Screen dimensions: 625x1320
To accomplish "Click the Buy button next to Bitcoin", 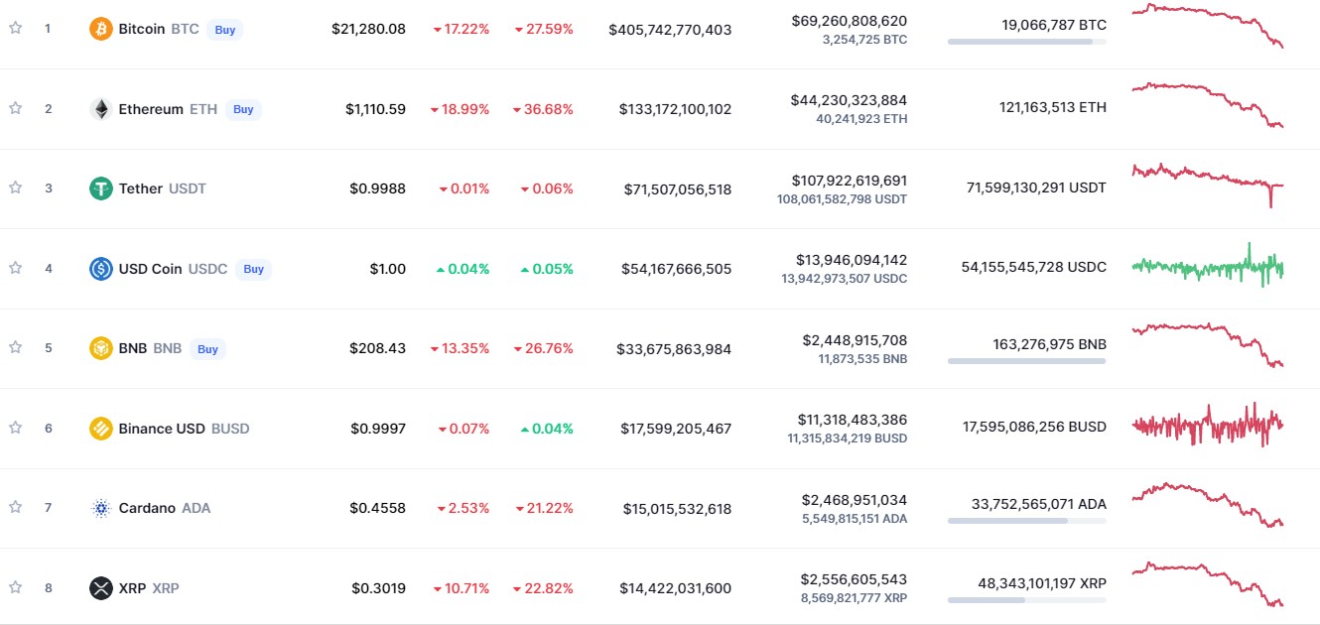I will (x=225, y=30).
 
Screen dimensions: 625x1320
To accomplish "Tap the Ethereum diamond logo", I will (x=100, y=109).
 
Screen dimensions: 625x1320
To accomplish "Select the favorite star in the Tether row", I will (x=15, y=187).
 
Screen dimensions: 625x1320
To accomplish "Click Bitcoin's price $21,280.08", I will (x=368, y=29).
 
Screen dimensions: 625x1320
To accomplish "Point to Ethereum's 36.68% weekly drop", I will (x=544, y=109).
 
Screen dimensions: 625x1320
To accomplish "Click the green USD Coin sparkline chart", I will (x=1208, y=267).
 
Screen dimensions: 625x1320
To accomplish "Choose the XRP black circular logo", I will (x=100, y=588).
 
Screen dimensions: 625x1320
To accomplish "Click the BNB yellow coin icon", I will (x=100, y=348).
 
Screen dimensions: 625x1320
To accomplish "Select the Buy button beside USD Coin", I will (x=254, y=269).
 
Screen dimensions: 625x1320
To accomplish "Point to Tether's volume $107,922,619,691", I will (x=849, y=181).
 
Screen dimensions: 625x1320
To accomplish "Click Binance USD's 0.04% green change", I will (x=547, y=429).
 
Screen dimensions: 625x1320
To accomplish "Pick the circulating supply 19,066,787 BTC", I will (x=1054, y=24).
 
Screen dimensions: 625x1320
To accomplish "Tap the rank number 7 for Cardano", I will (x=48, y=508).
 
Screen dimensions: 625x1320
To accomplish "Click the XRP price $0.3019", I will (x=378, y=588).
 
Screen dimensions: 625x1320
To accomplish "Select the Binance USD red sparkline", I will (x=1208, y=426).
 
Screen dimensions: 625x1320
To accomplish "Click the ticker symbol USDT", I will (x=188, y=188).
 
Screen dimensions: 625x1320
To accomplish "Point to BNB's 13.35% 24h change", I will (x=461, y=348).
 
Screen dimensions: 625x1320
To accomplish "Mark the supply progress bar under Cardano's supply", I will (x=1026, y=520).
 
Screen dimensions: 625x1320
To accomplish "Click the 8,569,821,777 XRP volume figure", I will (x=854, y=598).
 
